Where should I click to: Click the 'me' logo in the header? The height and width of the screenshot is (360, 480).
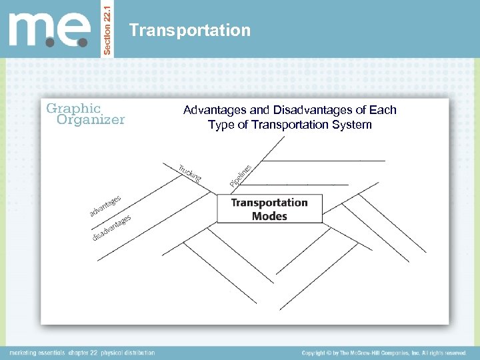coord(50,30)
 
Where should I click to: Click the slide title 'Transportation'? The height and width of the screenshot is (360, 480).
coord(190,30)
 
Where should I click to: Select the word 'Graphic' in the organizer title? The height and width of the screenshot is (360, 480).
coord(73,108)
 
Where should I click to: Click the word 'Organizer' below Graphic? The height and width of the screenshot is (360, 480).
coord(91,120)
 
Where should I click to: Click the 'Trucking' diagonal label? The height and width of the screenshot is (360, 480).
coord(189,172)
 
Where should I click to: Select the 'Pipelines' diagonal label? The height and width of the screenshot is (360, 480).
coord(241,175)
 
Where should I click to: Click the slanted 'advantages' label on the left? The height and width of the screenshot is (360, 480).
coord(105,205)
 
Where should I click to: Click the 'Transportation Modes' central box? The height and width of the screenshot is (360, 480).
coord(269,209)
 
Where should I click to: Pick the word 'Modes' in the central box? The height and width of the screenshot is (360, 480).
coord(269,216)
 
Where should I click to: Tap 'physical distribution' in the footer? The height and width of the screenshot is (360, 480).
coord(129,353)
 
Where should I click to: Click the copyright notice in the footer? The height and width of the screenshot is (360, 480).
coord(383,353)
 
